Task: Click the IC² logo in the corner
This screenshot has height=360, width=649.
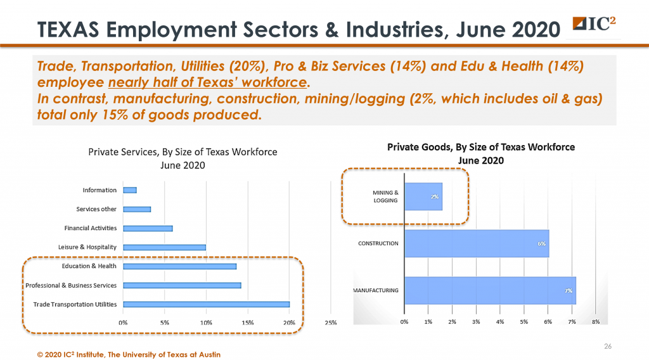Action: click(597, 24)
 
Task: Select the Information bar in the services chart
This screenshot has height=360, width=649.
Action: click(130, 190)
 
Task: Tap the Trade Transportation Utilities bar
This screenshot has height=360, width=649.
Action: click(206, 304)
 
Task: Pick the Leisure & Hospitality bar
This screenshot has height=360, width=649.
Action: click(164, 247)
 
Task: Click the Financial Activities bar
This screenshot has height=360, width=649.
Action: click(148, 228)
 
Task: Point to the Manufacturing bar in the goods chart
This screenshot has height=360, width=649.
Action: click(489, 290)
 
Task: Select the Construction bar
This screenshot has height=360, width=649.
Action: click(476, 243)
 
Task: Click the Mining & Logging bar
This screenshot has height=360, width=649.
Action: click(423, 196)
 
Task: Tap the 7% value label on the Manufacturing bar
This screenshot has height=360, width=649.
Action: click(569, 290)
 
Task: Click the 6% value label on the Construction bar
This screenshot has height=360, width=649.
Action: click(542, 243)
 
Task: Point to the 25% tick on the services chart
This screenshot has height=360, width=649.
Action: click(331, 323)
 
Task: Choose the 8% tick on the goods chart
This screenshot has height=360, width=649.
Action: click(596, 323)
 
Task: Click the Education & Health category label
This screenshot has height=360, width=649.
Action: click(89, 266)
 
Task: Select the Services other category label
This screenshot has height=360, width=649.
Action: click(96, 209)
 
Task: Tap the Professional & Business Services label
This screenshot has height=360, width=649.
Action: click(71, 285)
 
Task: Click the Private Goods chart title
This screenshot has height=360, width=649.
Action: click(481, 153)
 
